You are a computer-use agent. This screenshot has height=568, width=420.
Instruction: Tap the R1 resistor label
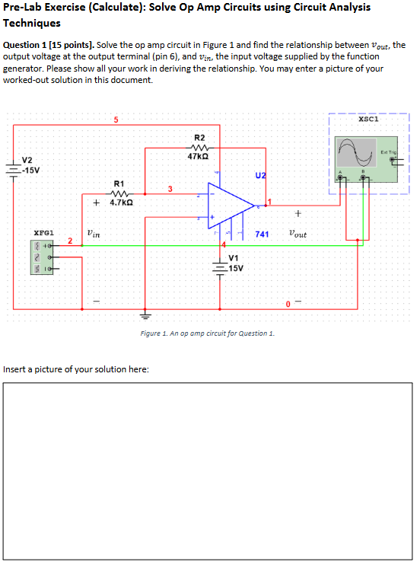119,183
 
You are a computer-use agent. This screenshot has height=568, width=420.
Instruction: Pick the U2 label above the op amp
261,175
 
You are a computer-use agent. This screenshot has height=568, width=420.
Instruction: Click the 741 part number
262,235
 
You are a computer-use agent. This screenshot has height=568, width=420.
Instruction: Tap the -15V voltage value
30,169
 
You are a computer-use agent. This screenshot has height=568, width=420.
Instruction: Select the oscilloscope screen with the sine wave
358,155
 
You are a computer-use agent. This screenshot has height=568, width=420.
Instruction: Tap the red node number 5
116,120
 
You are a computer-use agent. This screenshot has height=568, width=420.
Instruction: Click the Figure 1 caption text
208,333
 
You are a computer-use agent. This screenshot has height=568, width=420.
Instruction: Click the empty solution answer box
208,471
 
